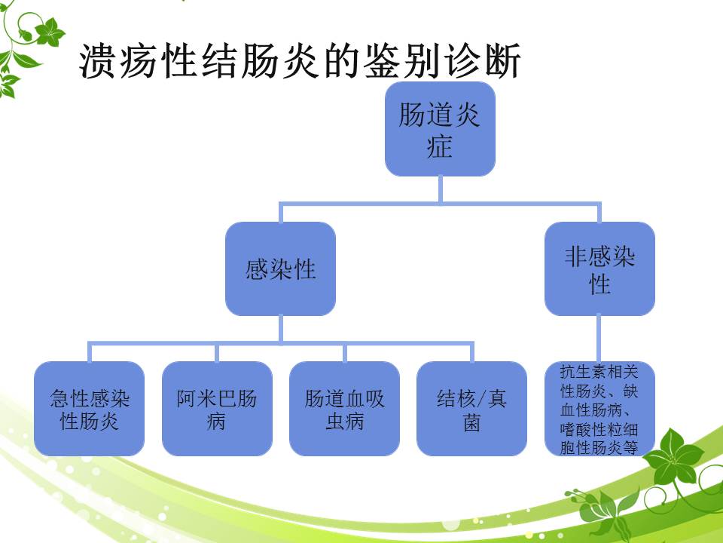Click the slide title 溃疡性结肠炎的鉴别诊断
(300, 61)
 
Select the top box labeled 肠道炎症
(441, 129)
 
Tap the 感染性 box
(280, 268)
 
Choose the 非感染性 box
(599, 268)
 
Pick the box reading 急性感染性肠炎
(90, 409)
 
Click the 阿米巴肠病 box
(217, 409)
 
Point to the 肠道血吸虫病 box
(344, 409)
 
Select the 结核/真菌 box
(471, 409)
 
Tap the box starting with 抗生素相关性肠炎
(599, 409)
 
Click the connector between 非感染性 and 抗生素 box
(599, 339)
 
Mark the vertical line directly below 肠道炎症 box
(441, 189)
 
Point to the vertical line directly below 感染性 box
(280, 330)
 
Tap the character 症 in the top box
(439, 146)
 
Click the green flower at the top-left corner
(50, 32)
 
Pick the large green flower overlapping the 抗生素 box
(673, 457)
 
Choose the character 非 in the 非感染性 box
(576, 256)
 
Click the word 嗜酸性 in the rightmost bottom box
(583, 430)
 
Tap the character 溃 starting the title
(98, 61)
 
